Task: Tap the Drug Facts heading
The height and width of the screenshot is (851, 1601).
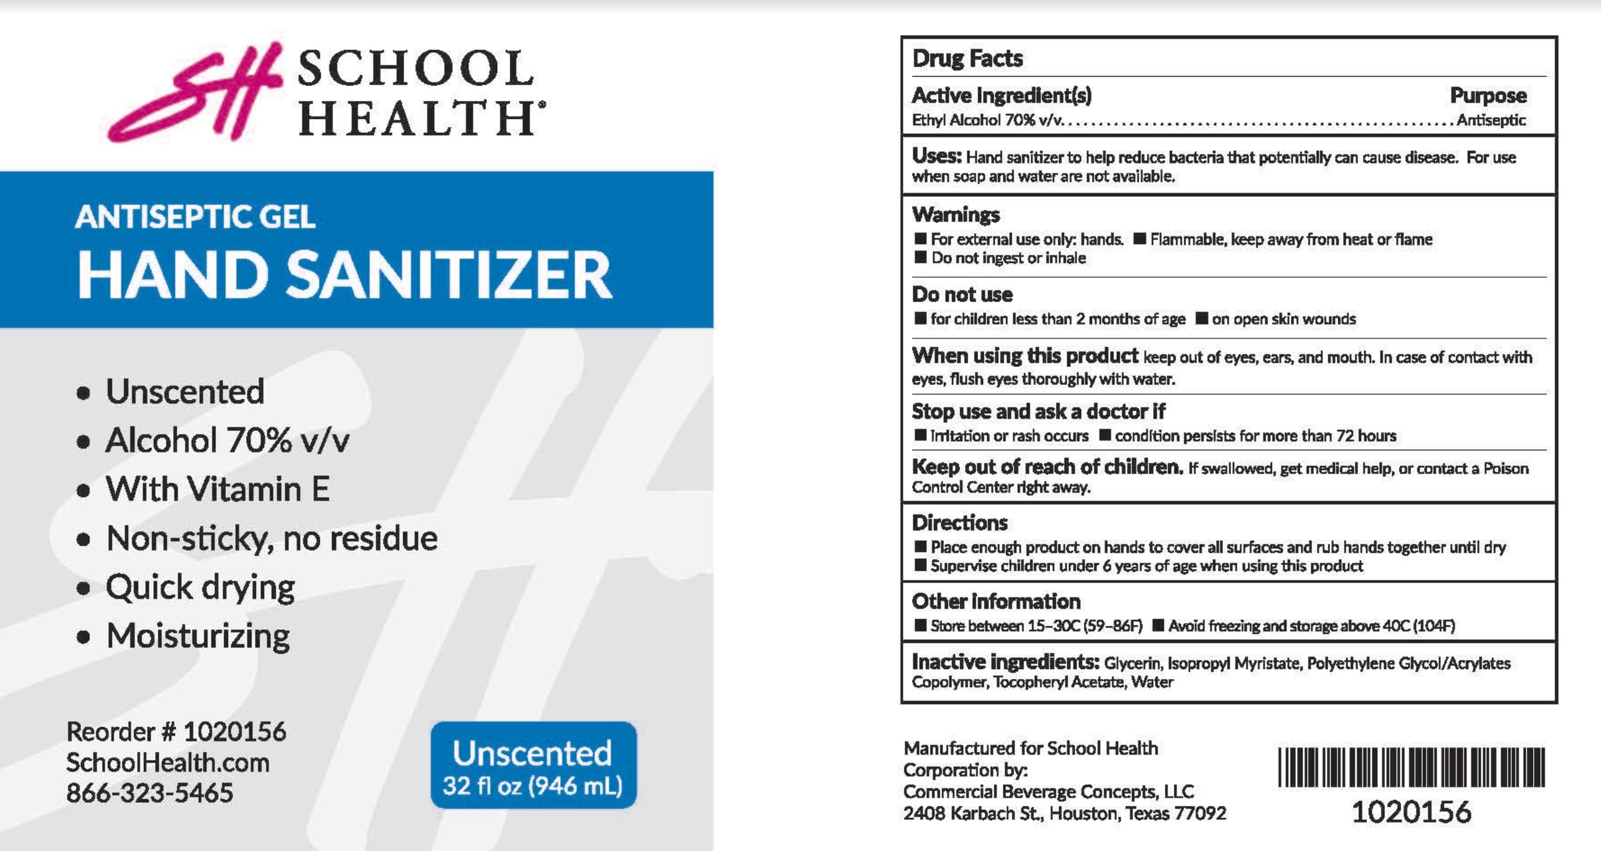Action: point(967,59)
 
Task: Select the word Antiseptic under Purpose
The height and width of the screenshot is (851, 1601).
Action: point(1491,120)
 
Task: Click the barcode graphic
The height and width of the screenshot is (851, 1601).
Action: point(1411,767)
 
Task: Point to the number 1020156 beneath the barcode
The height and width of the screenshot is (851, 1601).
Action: point(1411,812)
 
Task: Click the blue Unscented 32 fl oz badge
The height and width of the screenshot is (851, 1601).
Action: point(533,765)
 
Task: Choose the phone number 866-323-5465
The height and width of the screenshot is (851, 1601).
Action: point(150,793)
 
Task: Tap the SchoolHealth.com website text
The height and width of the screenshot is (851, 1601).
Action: point(168,763)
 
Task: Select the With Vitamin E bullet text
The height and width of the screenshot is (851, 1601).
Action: point(217,489)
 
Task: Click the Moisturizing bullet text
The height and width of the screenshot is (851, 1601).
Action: point(198,636)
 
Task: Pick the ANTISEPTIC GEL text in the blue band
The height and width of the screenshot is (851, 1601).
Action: point(195,217)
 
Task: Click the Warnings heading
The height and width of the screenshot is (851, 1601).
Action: point(956,215)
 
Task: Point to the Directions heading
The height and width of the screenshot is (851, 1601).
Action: point(959,523)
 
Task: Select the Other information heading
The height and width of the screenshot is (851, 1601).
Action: point(995,602)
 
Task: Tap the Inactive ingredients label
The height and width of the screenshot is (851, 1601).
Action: point(1005,662)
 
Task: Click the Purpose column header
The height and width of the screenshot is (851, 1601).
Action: point(1488,96)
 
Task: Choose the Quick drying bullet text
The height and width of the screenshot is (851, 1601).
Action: point(200,587)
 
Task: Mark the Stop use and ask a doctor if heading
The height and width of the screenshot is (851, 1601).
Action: point(1038,412)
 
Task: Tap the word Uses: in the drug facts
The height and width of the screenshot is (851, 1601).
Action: point(936,156)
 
